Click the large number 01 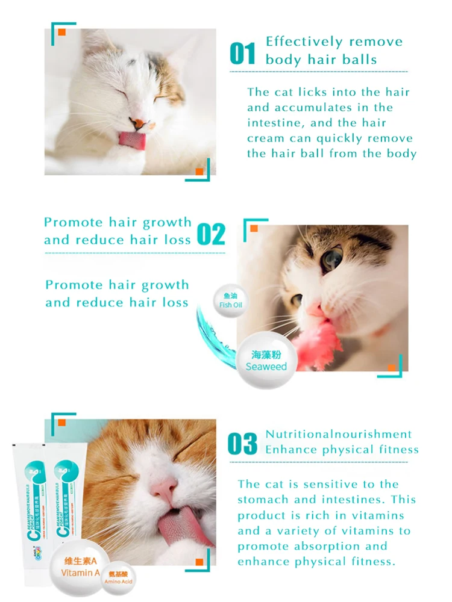coord(243,53)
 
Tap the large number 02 coord(211,234)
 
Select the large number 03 coord(242,444)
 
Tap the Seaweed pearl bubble coord(266,360)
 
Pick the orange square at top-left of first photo coord(61,32)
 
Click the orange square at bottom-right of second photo coord(392,368)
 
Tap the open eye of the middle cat coord(330,259)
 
